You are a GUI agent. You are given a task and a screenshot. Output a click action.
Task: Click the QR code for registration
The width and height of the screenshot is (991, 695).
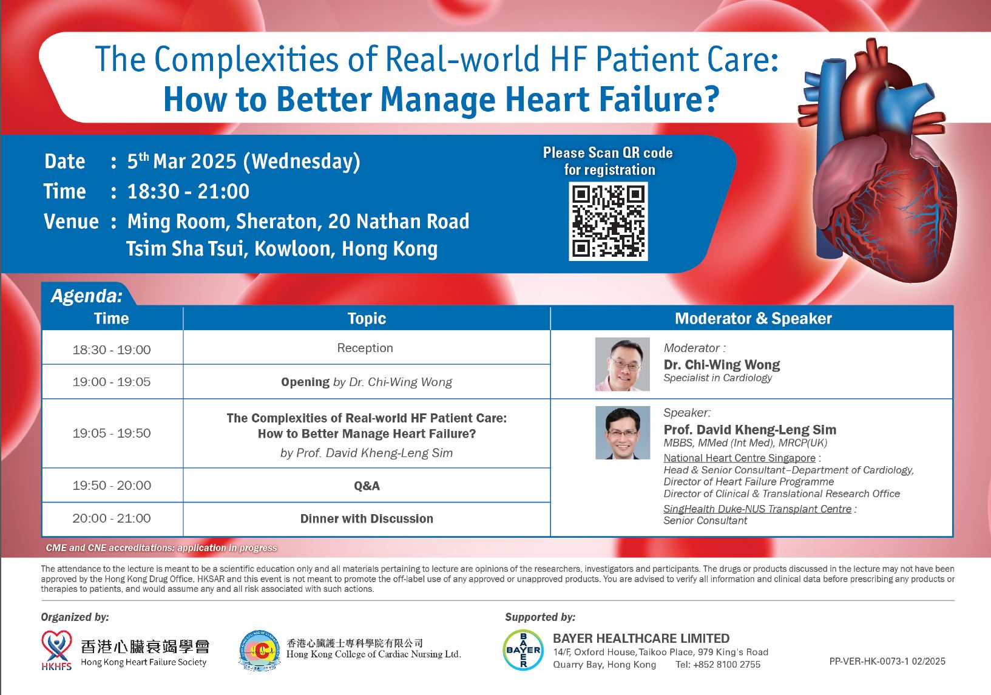coord(608,221)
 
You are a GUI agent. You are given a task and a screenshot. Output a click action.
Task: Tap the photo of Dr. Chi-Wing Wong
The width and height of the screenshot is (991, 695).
coord(623,364)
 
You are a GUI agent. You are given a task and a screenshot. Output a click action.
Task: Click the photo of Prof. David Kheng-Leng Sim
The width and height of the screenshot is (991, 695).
coord(623,433)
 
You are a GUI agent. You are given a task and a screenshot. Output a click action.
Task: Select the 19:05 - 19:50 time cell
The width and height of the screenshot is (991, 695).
coord(112,433)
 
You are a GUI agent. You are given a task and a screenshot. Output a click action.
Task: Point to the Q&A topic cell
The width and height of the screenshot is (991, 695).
coord(367,486)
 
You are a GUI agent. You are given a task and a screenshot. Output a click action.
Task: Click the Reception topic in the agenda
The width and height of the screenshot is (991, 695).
coord(365,348)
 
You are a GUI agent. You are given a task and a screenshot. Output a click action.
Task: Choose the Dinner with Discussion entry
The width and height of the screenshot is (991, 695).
coord(367,518)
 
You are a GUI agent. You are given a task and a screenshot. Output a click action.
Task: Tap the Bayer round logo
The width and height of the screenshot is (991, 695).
coord(523,650)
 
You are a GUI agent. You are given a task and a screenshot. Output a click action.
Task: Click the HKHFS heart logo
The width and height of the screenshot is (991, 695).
coord(56,650)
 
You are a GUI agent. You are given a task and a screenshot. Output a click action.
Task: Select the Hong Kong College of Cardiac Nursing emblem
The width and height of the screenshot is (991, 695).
coord(259,650)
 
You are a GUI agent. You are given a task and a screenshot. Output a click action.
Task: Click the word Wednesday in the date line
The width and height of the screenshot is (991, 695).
coord(302,161)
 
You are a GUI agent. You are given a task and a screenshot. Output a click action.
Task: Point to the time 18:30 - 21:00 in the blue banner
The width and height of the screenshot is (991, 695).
coord(189,192)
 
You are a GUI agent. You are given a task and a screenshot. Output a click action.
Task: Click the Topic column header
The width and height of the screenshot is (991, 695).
coord(367,319)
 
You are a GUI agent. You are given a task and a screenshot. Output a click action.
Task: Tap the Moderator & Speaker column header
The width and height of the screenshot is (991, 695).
coord(754,319)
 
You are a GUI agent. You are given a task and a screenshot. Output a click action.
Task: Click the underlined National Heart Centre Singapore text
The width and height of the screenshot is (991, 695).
coord(739,458)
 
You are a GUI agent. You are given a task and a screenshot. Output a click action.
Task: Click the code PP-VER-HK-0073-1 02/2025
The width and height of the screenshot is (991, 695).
coord(887,662)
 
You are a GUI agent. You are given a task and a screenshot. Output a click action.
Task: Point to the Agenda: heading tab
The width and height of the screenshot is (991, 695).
coord(87,296)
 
